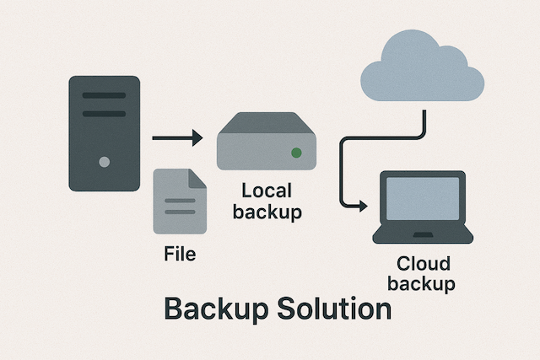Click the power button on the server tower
(x=104, y=161)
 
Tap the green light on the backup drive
(x=296, y=153)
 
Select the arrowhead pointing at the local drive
(x=196, y=137)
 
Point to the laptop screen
(x=422, y=200)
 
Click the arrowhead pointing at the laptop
(x=363, y=205)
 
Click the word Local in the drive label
(x=266, y=191)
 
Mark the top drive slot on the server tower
(x=104, y=95)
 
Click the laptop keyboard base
(x=422, y=235)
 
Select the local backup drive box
(x=264, y=143)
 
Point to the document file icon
(x=179, y=202)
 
